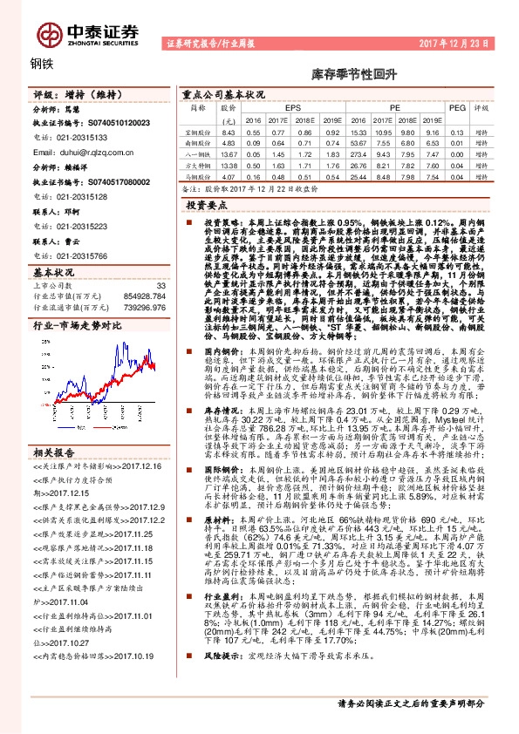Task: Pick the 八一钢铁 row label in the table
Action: click(x=199, y=153)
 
